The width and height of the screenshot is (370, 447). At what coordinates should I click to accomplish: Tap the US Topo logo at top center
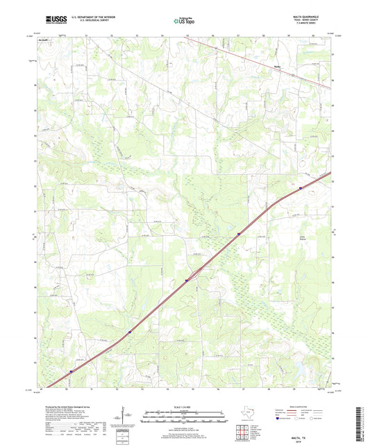183,21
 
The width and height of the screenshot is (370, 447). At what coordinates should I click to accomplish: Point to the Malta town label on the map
275,67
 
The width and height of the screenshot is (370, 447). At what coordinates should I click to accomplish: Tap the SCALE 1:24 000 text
184,407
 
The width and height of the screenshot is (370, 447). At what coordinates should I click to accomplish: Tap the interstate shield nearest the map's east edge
300,186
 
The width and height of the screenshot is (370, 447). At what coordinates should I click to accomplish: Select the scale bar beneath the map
184,419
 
